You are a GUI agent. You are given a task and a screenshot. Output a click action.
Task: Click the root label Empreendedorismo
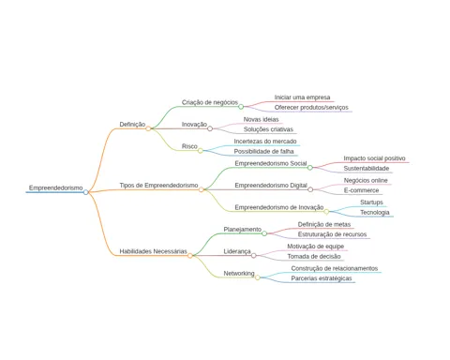click(x=56, y=187)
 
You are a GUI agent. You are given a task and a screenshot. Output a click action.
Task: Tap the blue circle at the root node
click(x=86, y=192)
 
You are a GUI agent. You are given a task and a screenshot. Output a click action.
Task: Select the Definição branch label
click(x=132, y=125)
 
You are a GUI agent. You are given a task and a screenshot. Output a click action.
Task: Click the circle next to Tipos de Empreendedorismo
click(x=202, y=189)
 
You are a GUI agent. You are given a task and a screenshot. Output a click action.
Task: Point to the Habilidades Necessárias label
click(x=153, y=251)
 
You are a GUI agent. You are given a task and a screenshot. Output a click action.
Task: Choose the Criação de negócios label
click(x=210, y=102)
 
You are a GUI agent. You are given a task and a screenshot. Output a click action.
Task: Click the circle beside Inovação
click(x=210, y=128)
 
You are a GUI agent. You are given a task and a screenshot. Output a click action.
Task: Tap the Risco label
click(x=189, y=146)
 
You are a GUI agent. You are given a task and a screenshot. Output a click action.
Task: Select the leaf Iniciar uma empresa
click(x=302, y=97)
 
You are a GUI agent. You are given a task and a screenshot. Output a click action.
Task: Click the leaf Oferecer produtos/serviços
click(x=311, y=108)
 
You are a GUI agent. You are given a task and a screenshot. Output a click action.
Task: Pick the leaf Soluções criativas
click(x=268, y=129)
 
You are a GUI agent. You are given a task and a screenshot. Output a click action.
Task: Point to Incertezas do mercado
click(x=265, y=142)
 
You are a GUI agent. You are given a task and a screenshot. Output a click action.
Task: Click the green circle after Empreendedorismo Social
click(x=310, y=168)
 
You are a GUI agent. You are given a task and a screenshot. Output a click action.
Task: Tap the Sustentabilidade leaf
click(x=367, y=169)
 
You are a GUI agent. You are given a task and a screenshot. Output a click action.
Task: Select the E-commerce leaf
click(x=361, y=190)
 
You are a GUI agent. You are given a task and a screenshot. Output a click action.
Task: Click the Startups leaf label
click(x=371, y=202)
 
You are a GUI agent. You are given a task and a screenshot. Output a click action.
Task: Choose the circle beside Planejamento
click(x=264, y=233)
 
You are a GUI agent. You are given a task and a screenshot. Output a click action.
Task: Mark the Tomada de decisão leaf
click(x=314, y=256)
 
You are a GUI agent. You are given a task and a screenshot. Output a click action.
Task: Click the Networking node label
click(x=239, y=274)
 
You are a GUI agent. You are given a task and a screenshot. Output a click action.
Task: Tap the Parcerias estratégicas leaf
click(x=322, y=278)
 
